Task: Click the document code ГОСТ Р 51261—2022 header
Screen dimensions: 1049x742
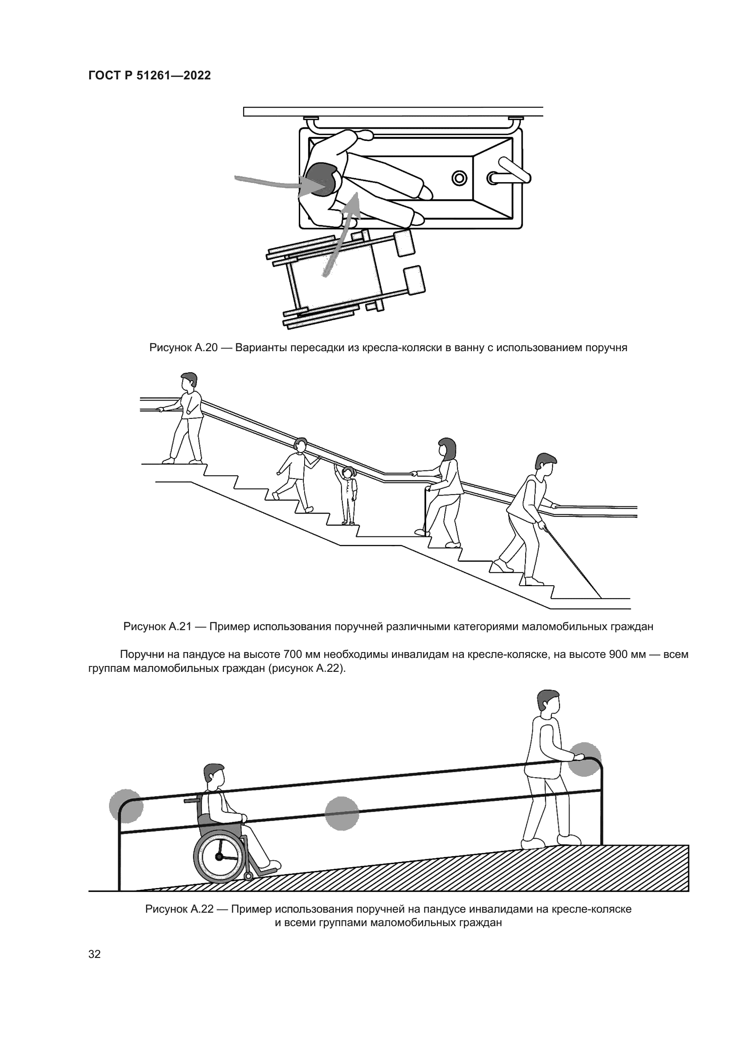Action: pos(149,76)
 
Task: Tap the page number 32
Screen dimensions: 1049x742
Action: pos(95,954)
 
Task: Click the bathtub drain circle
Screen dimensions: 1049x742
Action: pos(459,177)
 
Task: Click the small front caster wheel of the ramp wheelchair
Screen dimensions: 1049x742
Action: pos(248,876)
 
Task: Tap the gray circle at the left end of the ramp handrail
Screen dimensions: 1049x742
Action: pos(126,807)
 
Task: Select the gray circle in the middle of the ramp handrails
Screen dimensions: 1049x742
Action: pos(342,813)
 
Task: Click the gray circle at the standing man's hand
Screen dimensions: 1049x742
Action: pos(585,759)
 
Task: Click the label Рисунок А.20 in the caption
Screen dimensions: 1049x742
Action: pos(183,348)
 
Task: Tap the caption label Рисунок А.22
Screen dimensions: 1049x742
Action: pos(179,909)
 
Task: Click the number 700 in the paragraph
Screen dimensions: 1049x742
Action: pos(292,654)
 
